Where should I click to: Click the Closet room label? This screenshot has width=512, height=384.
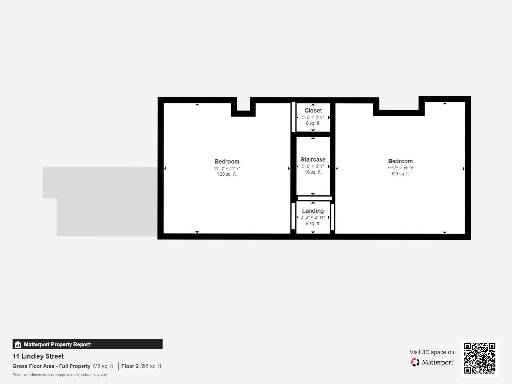click(313, 111)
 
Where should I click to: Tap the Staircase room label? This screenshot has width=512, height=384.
click(313, 159)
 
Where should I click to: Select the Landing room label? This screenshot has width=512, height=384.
click(313, 211)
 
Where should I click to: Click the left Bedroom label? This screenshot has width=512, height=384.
click(227, 161)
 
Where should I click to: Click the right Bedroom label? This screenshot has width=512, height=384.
click(400, 161)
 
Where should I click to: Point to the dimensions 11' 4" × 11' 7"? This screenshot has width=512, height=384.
click(227, 168)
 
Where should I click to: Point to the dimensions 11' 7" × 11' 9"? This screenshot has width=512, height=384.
click(400, 168)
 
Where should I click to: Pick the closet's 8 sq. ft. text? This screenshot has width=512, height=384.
click(313, 123)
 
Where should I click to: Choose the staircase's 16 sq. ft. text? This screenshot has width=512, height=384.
click(313, 172)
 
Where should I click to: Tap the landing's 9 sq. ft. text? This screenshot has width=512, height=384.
click(313, 223)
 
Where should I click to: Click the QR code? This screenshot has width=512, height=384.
click(480, 358)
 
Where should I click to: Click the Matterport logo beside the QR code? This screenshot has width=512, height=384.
click(432, 362)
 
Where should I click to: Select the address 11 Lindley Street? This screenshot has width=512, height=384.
click(38, 356)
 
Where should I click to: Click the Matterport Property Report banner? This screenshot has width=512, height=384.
click(87, 344)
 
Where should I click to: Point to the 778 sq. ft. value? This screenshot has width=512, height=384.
click(103, 366)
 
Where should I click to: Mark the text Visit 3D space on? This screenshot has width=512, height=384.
click(432, 352)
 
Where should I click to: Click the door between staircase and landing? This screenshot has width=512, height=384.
click(314, 198)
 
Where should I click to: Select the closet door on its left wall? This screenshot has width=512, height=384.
click(293, 117)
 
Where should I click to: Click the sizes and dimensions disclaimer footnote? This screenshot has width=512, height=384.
click(60, 374)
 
